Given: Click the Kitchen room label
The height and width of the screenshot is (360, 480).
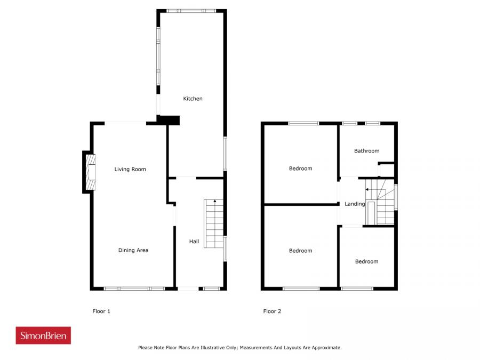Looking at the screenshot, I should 193,99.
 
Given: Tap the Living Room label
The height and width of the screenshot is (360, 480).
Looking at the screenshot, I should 130,169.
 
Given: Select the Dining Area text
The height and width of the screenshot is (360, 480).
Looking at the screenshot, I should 133,250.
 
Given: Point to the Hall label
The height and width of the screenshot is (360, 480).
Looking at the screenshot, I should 194,242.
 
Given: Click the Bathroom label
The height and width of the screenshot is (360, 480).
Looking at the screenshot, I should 366,151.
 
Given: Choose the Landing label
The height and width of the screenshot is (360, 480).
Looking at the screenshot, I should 355,204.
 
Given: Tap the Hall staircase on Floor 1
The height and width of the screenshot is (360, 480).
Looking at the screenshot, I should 213,224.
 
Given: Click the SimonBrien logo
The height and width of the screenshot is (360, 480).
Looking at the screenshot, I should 43,335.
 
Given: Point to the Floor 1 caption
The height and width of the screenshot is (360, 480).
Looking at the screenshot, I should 101,311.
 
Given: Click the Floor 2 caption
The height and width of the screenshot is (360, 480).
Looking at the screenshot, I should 272,311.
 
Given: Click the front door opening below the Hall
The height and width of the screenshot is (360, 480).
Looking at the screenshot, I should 188,289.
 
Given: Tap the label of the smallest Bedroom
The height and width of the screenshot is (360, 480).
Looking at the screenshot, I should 366,261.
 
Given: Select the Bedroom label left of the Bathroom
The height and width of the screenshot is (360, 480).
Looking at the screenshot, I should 300,169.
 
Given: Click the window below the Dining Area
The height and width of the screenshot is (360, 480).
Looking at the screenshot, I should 134,289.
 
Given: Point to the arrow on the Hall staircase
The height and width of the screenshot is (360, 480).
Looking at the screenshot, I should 214,201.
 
